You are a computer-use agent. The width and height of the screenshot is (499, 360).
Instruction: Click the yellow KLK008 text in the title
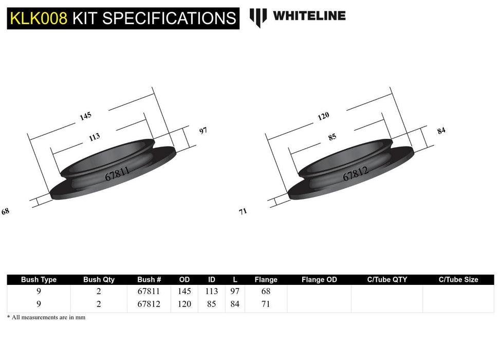[x=38, y=19]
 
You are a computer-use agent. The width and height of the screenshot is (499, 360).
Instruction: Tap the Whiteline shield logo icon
[x=258, y=17]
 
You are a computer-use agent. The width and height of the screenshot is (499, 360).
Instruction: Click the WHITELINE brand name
[x=309, y=16]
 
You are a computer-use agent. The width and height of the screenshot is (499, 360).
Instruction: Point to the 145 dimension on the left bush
[x=85, y=116]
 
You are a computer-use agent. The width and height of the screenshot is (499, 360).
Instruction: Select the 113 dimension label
[x=94, y=137]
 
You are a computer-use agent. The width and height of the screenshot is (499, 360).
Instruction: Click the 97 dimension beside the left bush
[x=203, y=131]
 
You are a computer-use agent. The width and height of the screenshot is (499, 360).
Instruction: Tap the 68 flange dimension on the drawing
[x=6, y=211]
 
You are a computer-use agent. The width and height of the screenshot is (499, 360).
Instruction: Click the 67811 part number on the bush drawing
[x=117, y=173]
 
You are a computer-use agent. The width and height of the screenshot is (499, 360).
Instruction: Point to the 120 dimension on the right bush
[x=323, y=116]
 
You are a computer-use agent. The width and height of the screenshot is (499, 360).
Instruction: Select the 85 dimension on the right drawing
[x=332, y=137]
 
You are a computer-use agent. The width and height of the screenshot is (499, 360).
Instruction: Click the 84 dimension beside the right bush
[x=441, y=131]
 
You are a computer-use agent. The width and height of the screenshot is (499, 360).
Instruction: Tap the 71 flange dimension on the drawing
[x=243, y=211]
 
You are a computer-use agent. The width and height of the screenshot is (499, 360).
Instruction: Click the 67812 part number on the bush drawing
[x=355, y=175]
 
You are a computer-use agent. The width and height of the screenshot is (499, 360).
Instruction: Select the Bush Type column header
[x=39, y=280]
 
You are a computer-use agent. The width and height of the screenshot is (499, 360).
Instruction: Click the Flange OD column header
[x=319, y=280]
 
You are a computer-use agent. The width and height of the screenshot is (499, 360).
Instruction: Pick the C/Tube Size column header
[x=458, y=280]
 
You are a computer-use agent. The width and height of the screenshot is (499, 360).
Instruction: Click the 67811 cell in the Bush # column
[x=149, y=292]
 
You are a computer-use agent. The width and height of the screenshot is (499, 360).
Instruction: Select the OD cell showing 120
[x=184, y=304]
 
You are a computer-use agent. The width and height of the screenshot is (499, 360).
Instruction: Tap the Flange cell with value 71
[x=265, y=304]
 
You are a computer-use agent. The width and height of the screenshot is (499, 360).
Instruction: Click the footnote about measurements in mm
[x=46, y=318]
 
